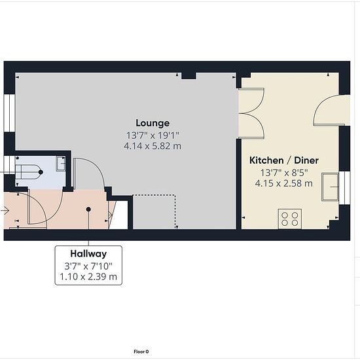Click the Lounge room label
[153, 123]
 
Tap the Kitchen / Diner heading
[284, 160]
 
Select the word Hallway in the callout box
[88, 254]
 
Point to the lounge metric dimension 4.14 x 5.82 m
[153, 146]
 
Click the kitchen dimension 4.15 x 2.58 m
[284, 183]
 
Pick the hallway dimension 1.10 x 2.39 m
[88, 277]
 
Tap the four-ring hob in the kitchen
[290, 219]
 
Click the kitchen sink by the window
[330, 187]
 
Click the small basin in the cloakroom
[61, 164]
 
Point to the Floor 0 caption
[141, 351]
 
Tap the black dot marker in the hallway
[88, 209]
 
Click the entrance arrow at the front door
[5, 210]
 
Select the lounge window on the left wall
[9, 113]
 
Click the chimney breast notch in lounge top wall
[189, 76]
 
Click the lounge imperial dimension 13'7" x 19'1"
[153, 135]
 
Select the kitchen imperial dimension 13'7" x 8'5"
[284, 173]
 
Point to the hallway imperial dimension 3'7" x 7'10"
[88, 266]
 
